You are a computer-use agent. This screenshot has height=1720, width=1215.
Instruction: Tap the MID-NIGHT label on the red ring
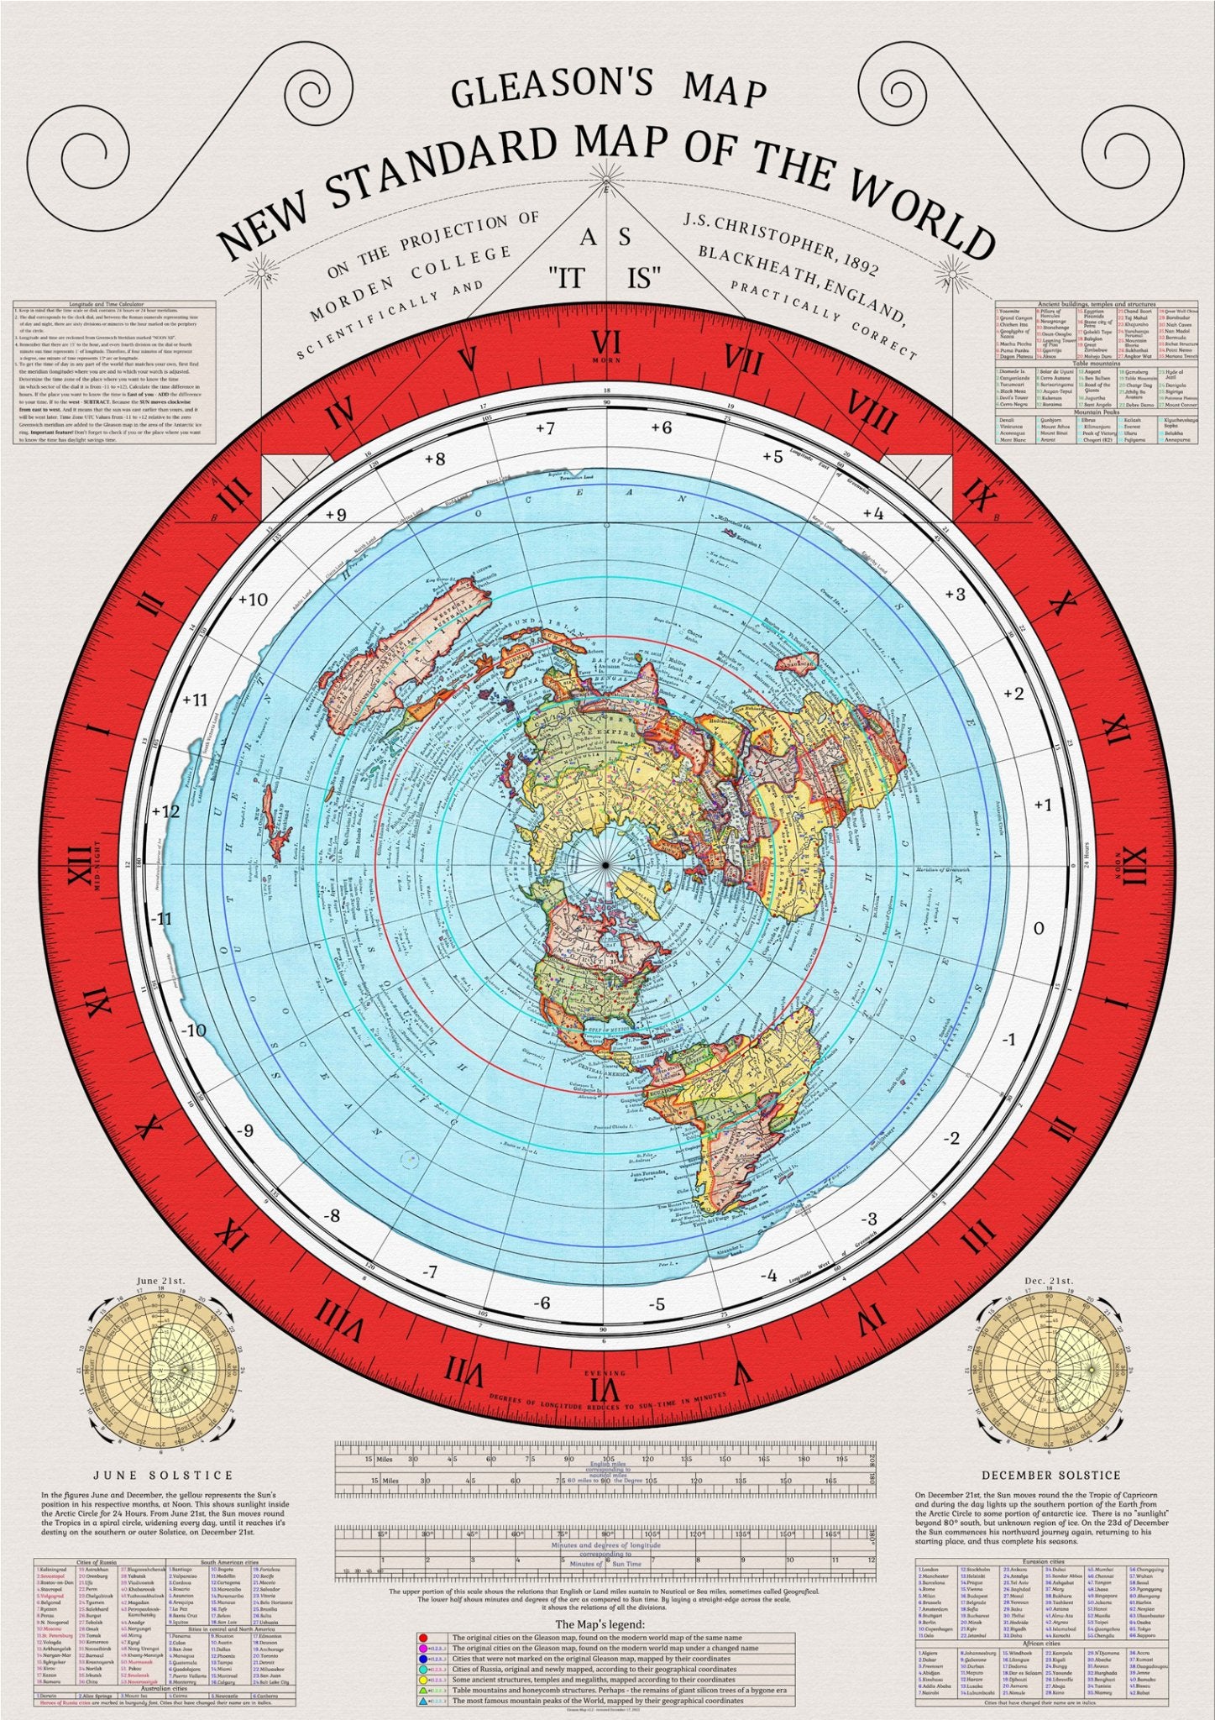(98, 866)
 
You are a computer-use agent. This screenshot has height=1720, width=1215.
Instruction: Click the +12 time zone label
(165, 811)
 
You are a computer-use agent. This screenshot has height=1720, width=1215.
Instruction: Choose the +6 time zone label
(661, 427)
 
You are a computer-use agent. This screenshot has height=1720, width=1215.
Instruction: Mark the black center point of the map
(605, 865)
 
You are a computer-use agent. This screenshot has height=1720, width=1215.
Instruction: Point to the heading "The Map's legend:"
(607, 1621)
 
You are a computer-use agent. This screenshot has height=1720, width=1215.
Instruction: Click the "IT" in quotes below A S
(572, 278)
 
